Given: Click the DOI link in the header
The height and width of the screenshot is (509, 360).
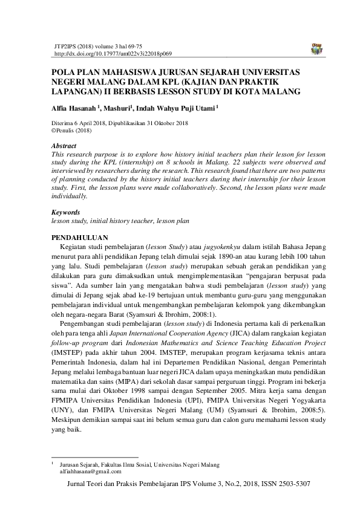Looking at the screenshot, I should [x=108, y=54].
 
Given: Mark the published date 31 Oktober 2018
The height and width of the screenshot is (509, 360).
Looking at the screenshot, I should [x=163, y=122].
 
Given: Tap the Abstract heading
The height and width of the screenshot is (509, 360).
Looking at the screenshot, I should [x=64, y=146].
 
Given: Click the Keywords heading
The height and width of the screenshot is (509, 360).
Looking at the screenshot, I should [x=66, y=213].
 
